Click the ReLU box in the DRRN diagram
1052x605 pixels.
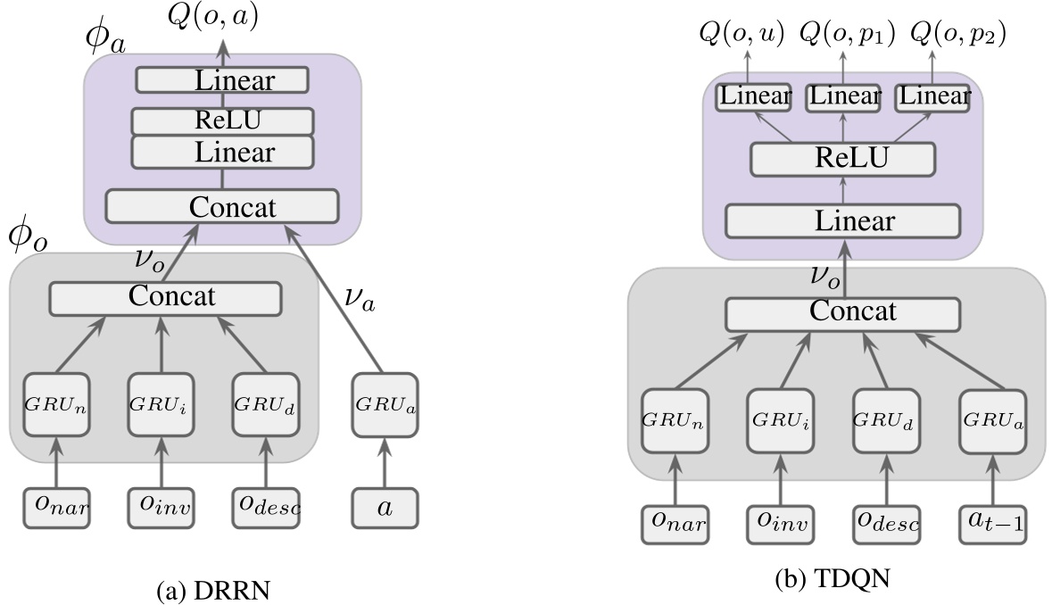click(x=222, y=120)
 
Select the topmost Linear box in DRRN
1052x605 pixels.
click(x=222, y=80)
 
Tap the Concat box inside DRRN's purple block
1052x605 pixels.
click(x=222, y=206)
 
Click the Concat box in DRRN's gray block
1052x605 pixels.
click(x=165, y=297)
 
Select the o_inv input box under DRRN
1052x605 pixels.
click(x=162, y=508)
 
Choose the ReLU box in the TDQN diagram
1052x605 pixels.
click(x=842, y=161)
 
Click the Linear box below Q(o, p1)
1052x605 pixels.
click(x=842, y=96)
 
